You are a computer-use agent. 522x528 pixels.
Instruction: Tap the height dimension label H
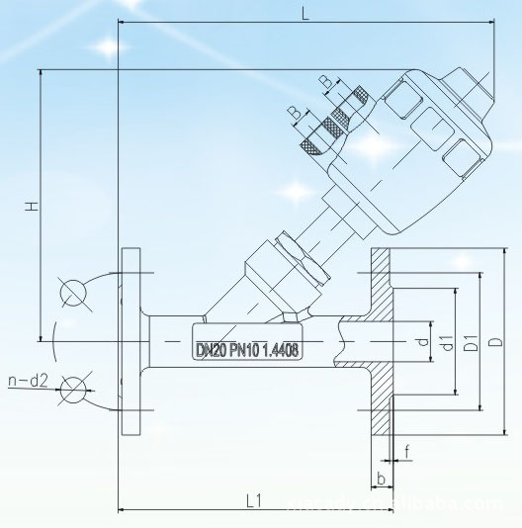(x=32, y=207)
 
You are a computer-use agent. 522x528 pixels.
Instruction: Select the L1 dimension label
(x=253, y=500)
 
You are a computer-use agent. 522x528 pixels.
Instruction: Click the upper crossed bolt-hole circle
(x=72, y=292)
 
